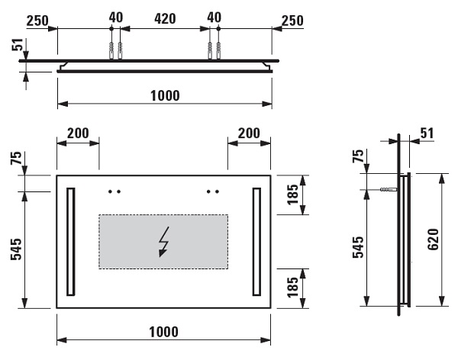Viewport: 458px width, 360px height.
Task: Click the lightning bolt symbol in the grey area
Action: click(164, 242)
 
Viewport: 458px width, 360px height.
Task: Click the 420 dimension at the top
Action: click(165, 19)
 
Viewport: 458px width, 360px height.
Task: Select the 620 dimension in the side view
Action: click(433, 239)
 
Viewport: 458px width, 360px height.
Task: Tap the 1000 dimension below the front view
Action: click(163, 332)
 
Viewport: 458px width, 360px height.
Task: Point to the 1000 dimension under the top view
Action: click(165, 95)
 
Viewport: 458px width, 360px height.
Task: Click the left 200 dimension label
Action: click(78, 133)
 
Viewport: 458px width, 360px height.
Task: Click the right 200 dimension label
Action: click(249, 133)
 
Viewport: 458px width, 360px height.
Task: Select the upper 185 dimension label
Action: click(293, 194)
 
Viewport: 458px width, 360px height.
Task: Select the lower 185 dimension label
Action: click(293, 288)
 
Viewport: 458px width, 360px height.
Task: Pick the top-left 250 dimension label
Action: click(37, 21)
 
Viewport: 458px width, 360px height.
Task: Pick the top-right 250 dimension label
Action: click(292, 21)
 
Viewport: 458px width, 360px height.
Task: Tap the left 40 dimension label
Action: click(116, 18)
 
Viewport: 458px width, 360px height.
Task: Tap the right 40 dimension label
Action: click(214, 18)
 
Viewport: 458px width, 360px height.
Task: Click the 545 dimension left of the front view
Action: click(16, 249)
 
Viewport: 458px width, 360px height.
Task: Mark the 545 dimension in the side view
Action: click(359, 247)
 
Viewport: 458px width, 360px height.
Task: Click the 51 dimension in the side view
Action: click(427, 133)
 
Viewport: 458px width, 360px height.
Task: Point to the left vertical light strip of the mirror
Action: click(71, 242)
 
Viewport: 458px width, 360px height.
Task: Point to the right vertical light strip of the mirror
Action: click(256, 242)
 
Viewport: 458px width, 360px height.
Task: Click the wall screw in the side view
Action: click(389, 189)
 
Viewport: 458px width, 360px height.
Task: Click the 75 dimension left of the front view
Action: click(16, 158)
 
